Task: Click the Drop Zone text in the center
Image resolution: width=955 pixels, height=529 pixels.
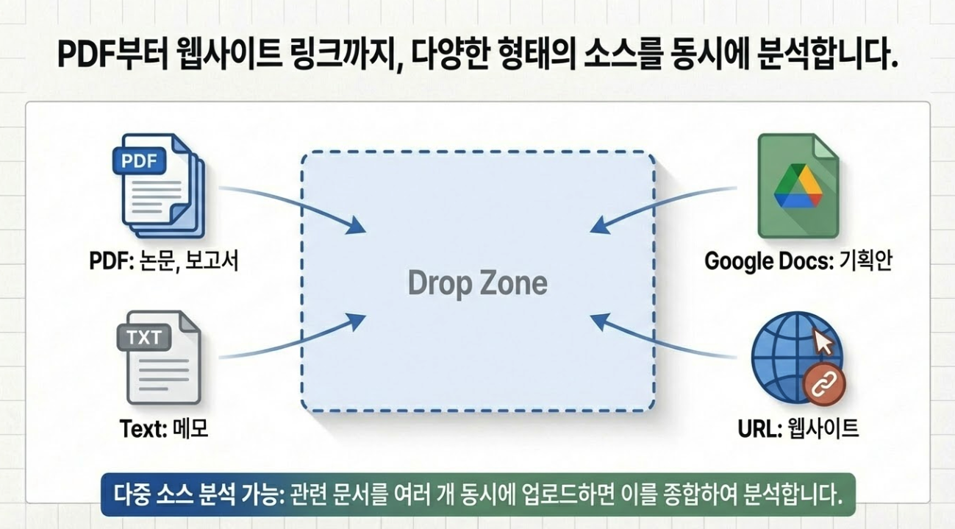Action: point(477,283)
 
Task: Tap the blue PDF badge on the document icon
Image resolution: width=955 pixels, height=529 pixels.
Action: point(139,160)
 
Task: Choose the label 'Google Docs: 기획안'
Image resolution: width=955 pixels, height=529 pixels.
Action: point(798,261)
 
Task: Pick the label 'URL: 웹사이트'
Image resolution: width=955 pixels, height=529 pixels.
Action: point(798,428)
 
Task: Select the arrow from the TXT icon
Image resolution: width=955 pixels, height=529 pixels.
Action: point(294,340)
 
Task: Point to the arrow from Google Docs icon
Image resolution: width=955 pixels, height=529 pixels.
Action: point(662,202)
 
